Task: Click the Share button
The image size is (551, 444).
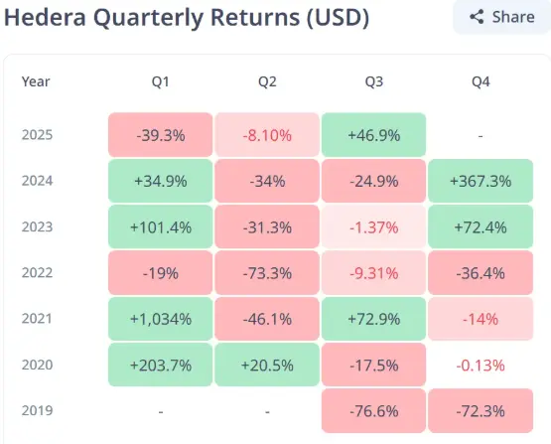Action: tap(501, 17)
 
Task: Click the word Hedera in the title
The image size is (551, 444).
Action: tap(45, 17)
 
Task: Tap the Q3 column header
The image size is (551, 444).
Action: tap(373, 81)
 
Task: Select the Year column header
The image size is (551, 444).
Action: tap(36, 81)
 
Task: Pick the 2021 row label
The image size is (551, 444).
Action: tap(37, 319)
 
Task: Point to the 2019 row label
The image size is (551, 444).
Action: tap(37, 410)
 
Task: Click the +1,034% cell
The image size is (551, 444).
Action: tap(160, 319)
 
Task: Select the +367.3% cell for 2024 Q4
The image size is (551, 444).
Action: tap(481, 181)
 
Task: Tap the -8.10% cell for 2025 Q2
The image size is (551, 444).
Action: tap(267, 135)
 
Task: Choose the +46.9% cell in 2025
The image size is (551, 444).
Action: tap(373, 135)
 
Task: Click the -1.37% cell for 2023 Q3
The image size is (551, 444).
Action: tap(373, 227)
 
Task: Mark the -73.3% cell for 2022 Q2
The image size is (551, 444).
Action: tap(267, 273)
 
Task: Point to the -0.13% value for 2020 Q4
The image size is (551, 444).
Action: tap(481, 366)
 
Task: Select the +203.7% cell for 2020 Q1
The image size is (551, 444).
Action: tap(160, 365)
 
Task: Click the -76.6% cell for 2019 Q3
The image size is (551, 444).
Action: tap(373, 410)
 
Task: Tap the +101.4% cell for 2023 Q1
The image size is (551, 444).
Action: tap(160, 227)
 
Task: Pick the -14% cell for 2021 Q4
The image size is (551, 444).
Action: tap(481, 319)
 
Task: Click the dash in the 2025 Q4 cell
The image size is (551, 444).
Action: tap(481, 136)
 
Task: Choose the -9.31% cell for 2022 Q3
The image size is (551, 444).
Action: tap(373, 273)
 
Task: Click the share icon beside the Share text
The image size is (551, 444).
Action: tap(477, 17)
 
